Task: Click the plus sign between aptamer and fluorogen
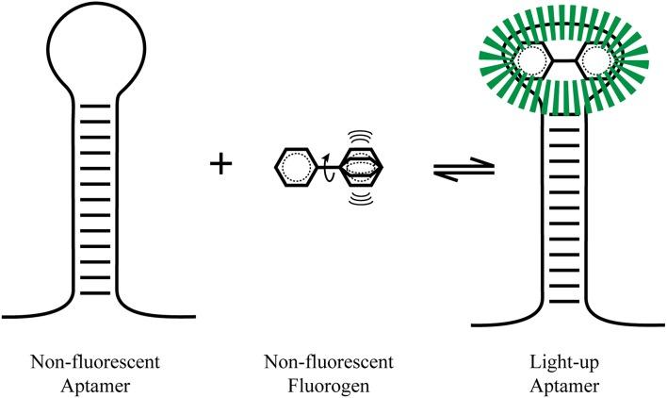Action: click(220, 165)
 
